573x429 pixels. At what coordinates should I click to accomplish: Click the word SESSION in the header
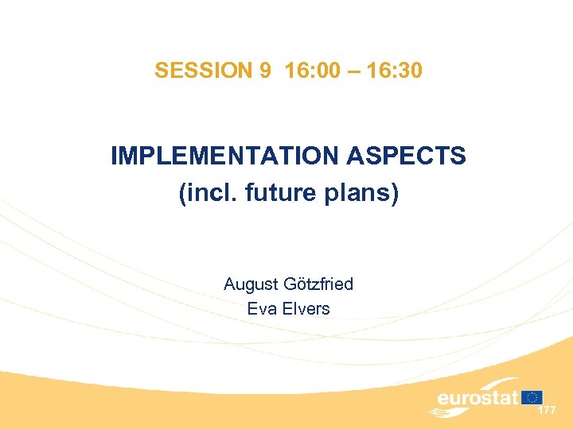click(202, 71)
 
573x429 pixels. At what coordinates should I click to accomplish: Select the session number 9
click(265, 71)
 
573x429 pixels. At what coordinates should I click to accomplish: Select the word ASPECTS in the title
click(406, 156)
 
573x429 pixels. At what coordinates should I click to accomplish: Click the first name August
click(250, 284)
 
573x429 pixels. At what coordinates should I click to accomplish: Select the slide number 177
click(547, 411)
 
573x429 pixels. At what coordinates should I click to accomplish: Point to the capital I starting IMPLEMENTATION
click(115, 156)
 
